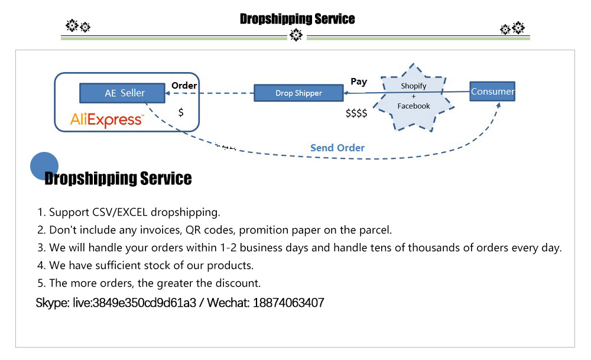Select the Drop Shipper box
pyautogui.click(x=298, y=93)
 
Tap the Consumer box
pyautogui.click(x=492, y=92)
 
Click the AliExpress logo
pyautogui.click(x=106, y=120)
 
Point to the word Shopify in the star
pyautogui.click(x=414, y=86)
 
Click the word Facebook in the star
pyautogui.click(x=414, y=106)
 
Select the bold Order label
pyautogui.click(x=184, y=86)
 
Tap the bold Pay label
pyautogui.click(x=359, y=82)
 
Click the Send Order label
pyautogui.click(x=337, y=148)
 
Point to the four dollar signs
pyautogui.click(x=356, y=113)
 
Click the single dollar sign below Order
pyautogui.click(x=181, y=112)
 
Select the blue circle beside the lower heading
pyautogui.click(x=44, y=166)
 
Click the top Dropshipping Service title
pyautogui.click(x=297, y=19)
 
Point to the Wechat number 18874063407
pyautogui.click(x=288, y=303)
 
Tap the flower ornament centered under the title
pyautogui.click(x=296, y=36)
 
